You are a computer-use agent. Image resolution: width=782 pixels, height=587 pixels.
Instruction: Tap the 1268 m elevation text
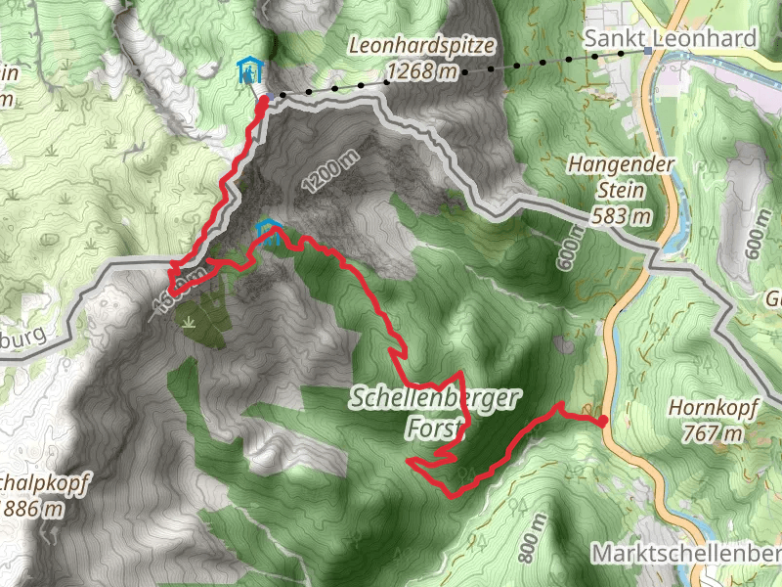tap(422, 70)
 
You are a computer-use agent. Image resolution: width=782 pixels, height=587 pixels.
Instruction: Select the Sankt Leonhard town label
tap(671, 38)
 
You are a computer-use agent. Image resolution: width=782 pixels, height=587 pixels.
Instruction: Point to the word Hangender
tap(622, 164)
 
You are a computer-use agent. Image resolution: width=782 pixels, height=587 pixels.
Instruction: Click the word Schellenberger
tap(437, 398)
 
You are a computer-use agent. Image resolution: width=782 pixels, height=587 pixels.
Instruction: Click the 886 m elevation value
tap(35, 509)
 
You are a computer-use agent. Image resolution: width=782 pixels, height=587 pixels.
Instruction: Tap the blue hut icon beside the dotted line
tap(250, 69)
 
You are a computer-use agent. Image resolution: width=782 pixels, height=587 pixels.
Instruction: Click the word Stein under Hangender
tap(621, 190)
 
